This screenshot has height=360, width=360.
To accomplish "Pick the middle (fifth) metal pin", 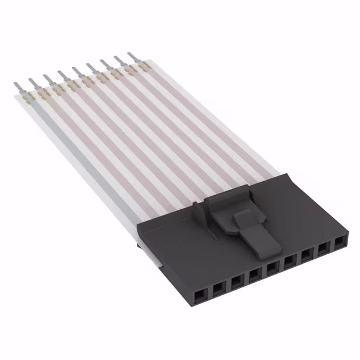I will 76,72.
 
